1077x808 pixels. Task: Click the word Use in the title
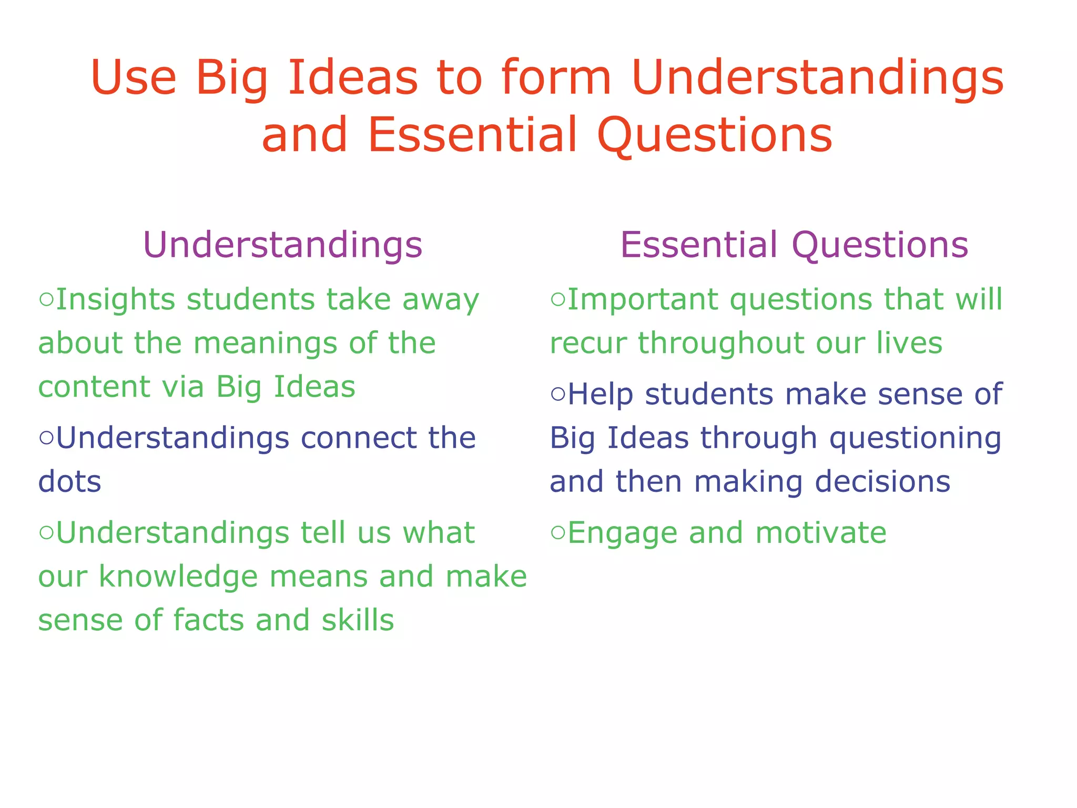(x=133, y=77)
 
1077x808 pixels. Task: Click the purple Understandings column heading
(x=282, y=245)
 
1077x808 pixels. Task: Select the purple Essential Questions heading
(x=794, y=245)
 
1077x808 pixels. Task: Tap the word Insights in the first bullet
(x=115, y=299)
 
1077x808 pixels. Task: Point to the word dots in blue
(x=69, y=482)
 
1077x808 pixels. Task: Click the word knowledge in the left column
(x=178, y=577)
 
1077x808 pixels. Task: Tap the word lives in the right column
(x=909, y=343)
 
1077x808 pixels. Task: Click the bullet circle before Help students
(x=558, y=395)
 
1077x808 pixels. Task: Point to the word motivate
(x=821, y=533)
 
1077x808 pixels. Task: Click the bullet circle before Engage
(x=558, y=533)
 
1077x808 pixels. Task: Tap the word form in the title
(x=556, y=77)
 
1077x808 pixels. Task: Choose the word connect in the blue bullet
(x=358, y=438)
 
